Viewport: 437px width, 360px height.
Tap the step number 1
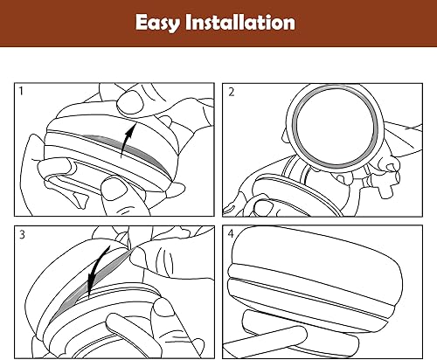pyautogui.click(x=22, y=91)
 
